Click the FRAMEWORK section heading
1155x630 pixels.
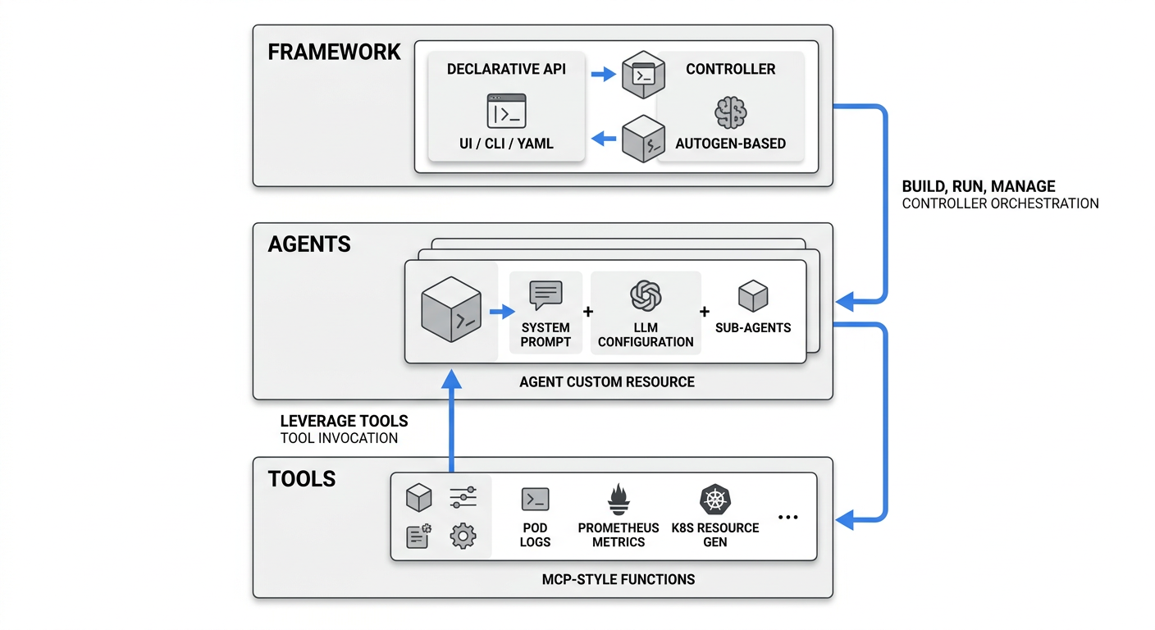click(334, 52)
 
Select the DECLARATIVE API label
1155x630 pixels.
click(506, 69)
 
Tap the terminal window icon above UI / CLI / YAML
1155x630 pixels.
click(506, 111)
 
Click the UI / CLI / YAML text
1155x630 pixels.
click(506, 144)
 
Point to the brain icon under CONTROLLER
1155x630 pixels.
click(730, 112)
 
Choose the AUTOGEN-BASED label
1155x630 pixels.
click(730, 144)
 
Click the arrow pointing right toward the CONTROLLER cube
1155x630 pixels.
click(604, 75)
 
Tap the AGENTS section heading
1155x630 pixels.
click(309, 244)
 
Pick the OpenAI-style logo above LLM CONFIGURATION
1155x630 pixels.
click(646, 294)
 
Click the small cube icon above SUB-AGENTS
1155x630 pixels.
click(752, 296)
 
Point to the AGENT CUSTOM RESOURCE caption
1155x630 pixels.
click(607, 381)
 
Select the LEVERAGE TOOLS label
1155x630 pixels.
click(344, 421)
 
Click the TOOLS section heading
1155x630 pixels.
click(302, 479)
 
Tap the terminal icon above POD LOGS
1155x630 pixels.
click(535, 500)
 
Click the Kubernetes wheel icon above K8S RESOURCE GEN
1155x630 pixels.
click(714, 500)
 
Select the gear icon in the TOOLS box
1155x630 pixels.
click(463, 536)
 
